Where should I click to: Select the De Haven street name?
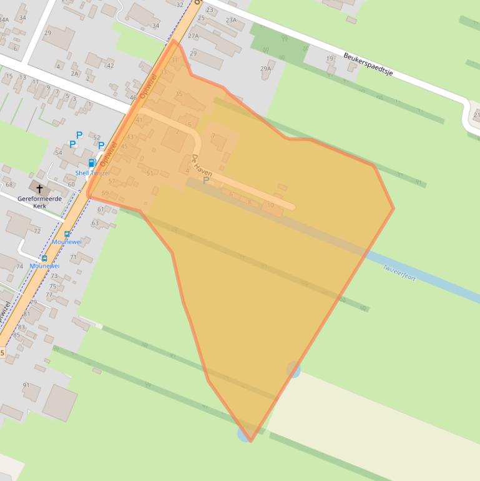(x=202, y=165)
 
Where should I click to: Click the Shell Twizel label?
(x=92, y=173)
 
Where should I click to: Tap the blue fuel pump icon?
(x=92, y=163)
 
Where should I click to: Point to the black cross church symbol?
(x=39, y=189)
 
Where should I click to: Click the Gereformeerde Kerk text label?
(x=39, y=202)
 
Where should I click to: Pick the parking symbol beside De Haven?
(x=205, y=181)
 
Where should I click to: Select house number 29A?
(x=266, y=69)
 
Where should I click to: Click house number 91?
(x=26, y=385)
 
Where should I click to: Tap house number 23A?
(x=231, y=20)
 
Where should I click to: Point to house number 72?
(x=37, y=231)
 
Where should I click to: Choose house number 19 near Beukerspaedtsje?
(x=330, y=59)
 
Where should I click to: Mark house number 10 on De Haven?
(x=270, y=205)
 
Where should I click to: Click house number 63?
(x=95, y=222)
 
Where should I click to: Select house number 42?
(x=110, y=66)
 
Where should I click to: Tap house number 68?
(x=9, y=184)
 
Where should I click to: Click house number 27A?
(x=193, y=36)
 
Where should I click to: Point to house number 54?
(x=59, y=152)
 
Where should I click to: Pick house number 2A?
(x=75, y=74)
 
